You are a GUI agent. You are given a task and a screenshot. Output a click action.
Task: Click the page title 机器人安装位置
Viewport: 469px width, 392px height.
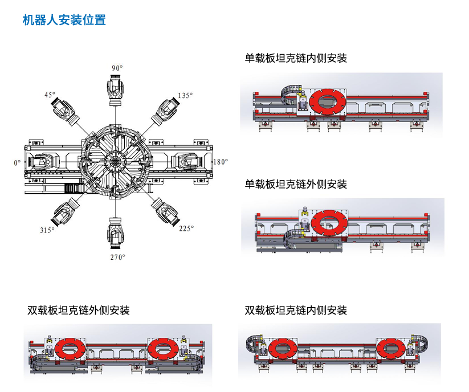coord(64,20)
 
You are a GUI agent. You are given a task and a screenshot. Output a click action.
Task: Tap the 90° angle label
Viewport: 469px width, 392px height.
coord(117,68)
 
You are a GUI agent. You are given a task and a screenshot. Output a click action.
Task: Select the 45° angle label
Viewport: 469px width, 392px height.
coord(50,95)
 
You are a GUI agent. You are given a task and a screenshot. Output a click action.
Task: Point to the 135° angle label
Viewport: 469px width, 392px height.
coord(185,96)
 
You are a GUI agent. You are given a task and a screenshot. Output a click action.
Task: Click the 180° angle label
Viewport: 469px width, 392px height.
coord(221,162)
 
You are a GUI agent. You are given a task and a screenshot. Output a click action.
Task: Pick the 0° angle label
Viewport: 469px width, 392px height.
coord(17,163)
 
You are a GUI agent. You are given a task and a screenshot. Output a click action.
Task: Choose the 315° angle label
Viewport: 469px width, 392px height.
coord(47,230)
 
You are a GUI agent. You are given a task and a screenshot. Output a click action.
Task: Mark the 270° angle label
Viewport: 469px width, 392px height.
coord(118,257)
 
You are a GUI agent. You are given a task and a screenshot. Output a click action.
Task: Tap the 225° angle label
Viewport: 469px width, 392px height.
coord(186,228)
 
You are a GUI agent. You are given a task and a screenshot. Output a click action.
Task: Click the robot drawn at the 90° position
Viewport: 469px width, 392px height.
coord(115,89)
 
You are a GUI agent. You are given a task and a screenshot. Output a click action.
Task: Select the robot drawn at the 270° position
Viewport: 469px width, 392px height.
coord(115,233)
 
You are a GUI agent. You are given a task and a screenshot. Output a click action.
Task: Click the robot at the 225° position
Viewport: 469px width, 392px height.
coord(165,212)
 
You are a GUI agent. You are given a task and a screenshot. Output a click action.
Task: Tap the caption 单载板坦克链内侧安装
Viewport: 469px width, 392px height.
coord(296,58)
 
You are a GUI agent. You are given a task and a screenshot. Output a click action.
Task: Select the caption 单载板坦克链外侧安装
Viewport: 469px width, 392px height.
coord(296,184)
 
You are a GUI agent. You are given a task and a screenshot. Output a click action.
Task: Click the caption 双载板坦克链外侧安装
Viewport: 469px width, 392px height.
coord(79,311)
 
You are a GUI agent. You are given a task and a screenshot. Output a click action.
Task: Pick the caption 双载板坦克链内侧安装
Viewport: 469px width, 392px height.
coord(296,311)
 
